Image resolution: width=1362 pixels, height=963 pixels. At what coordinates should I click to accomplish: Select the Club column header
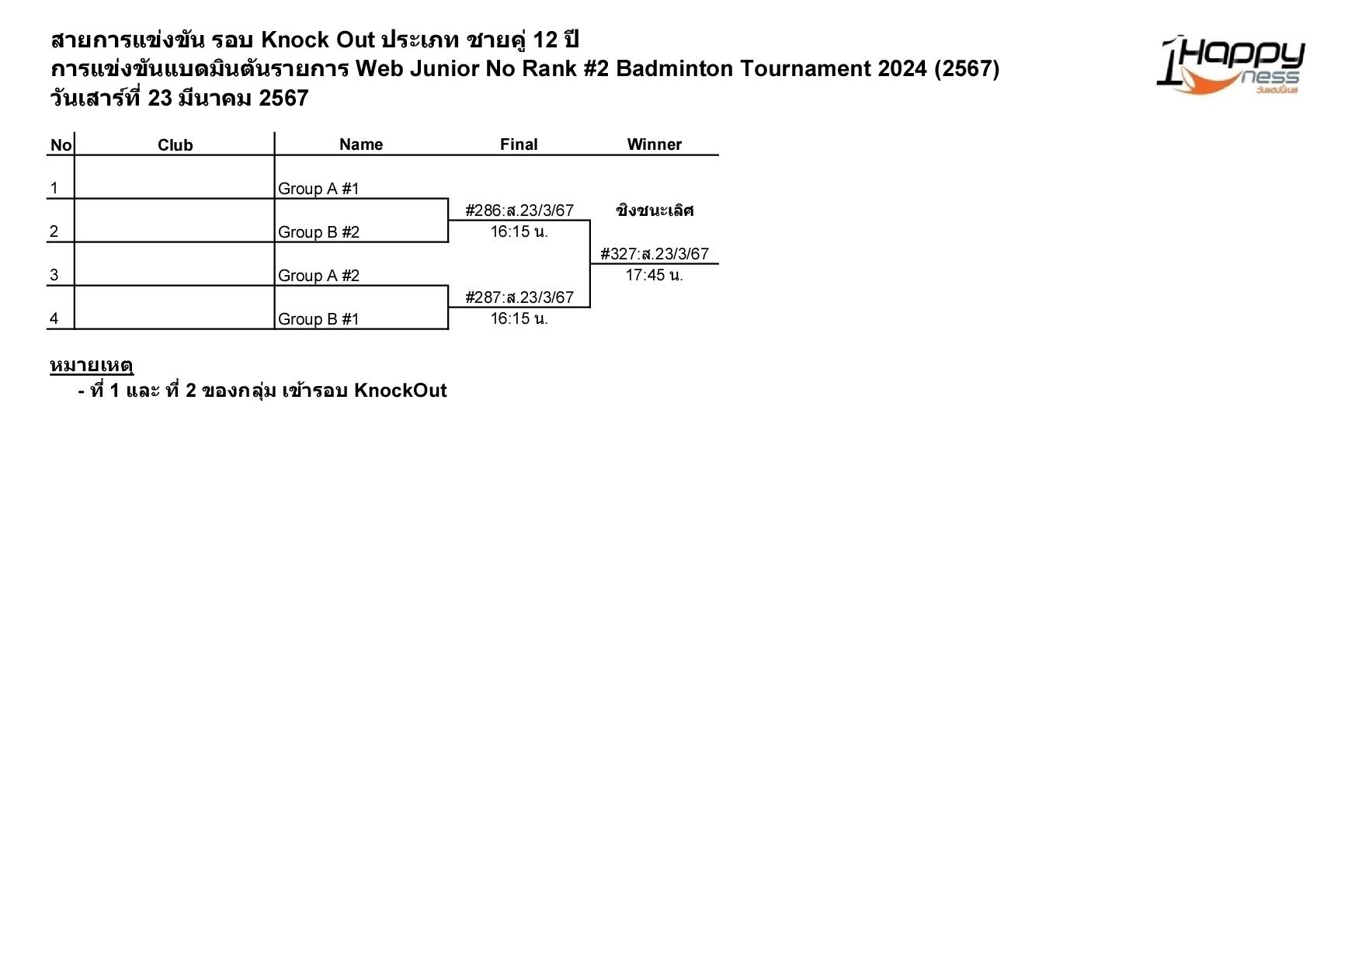175,145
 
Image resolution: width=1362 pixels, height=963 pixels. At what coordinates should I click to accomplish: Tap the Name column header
360,144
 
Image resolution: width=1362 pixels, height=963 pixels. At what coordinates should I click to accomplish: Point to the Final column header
518,144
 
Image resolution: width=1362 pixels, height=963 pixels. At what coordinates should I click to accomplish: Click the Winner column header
654,144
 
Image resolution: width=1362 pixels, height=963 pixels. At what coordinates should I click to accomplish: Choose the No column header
61,145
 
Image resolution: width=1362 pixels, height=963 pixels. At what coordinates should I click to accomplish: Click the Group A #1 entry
318,189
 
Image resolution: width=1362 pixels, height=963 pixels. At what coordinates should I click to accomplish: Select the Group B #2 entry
318,232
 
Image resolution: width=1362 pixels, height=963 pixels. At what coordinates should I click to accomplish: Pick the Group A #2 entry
318,276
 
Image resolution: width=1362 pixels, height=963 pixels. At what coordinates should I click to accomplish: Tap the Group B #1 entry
318,319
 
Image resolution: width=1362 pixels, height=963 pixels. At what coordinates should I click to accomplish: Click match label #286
519,210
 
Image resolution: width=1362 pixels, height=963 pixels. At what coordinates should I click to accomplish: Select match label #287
519,297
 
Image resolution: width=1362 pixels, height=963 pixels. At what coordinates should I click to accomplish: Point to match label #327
654,254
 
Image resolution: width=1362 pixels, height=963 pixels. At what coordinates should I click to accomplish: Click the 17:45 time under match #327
654,275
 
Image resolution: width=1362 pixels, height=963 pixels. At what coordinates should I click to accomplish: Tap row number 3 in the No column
54,275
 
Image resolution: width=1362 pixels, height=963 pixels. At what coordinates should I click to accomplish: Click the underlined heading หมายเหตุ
92,365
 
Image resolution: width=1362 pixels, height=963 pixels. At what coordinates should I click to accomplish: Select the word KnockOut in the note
400,391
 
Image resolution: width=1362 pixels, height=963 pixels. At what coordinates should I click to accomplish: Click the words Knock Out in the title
318,40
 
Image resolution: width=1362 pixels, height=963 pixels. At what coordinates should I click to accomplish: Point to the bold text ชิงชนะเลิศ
654,210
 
